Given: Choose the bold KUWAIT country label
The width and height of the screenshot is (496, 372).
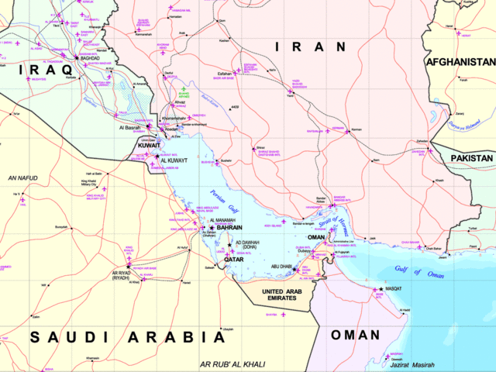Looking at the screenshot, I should point(145,145).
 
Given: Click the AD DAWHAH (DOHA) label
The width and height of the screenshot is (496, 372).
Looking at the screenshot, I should point(245,244).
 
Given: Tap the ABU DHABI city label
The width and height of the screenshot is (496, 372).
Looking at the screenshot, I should point(281,266).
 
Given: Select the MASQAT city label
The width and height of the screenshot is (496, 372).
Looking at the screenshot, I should point(394,288).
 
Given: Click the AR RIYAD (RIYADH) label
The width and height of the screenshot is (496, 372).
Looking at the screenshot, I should point(126,276).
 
